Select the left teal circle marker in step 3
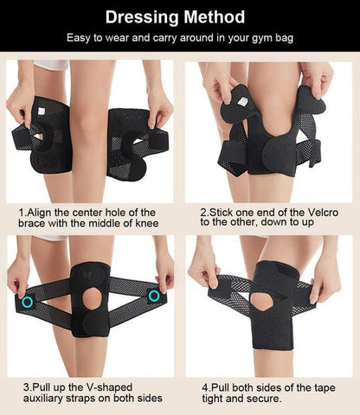[28, 302]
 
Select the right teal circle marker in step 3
[154, 297]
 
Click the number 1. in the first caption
[22, 212]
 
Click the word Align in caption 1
[42, 212]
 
